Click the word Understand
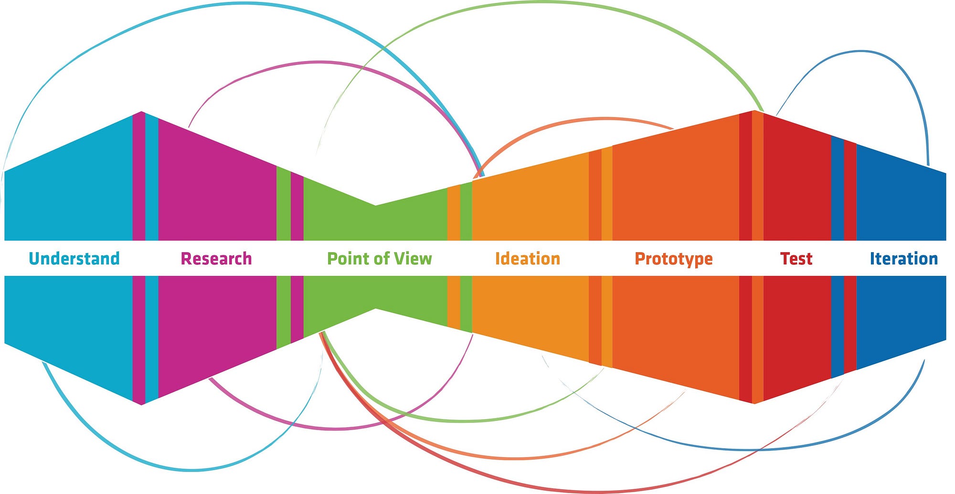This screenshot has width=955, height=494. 74,259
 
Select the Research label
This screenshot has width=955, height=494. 216,259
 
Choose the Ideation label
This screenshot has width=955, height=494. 528,259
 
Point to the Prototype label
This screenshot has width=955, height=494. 674,259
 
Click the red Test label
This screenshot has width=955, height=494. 796,259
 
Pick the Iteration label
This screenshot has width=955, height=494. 904,259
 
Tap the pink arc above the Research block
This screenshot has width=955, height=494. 319,62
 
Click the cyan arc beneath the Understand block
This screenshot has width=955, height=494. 191,471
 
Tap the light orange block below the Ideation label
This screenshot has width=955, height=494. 530,310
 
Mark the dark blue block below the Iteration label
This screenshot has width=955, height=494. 901,315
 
